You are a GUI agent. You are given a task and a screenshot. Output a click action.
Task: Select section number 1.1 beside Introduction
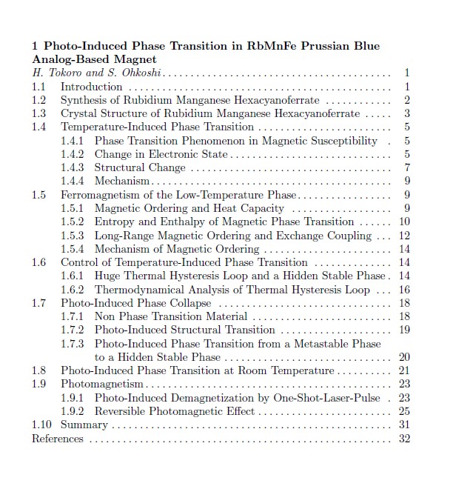click(x=38, y=87)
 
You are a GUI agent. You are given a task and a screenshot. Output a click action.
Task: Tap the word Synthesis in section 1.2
click(x=84, y=100)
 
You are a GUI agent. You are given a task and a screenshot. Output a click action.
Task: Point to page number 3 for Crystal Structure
click(x=407, y=113)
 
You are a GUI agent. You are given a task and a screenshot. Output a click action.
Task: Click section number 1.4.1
click(x=72, y=141)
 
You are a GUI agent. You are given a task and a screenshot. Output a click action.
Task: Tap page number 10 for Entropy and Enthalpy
click(x=404, y=222)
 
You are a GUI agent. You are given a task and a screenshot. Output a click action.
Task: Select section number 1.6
click(x=38, y=262)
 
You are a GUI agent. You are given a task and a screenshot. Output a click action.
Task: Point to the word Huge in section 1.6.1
click(x=108, y=276)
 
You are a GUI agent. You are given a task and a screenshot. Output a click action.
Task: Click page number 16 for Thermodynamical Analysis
click(x=404, y=290)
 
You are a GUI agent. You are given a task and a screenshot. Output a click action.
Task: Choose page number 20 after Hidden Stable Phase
click(x=404, y=357)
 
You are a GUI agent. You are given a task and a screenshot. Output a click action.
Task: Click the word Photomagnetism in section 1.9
click(x=102, y=384)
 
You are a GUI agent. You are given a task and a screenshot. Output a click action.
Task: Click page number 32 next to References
click(x=404, y=439)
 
